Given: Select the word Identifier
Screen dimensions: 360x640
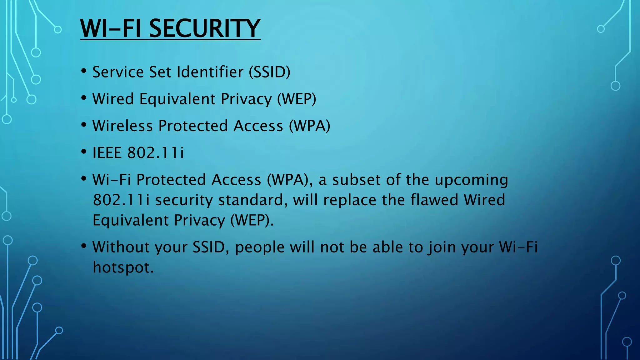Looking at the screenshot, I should pos(210,72).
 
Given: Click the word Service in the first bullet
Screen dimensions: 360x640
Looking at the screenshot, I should pos(118,72).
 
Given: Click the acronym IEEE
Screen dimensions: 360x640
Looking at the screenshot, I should pos(107,153).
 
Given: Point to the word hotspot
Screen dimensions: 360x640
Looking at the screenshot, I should pos(123,268).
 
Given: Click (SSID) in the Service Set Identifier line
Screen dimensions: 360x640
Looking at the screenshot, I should pos(269,72).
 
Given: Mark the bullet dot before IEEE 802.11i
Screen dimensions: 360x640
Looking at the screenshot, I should pos(83,152).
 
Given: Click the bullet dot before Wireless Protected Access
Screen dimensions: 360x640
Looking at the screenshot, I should pos(83,125).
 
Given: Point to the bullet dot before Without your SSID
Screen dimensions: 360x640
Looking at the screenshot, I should pos(83,246).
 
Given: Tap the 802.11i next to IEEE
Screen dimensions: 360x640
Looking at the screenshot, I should pos(156,153).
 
